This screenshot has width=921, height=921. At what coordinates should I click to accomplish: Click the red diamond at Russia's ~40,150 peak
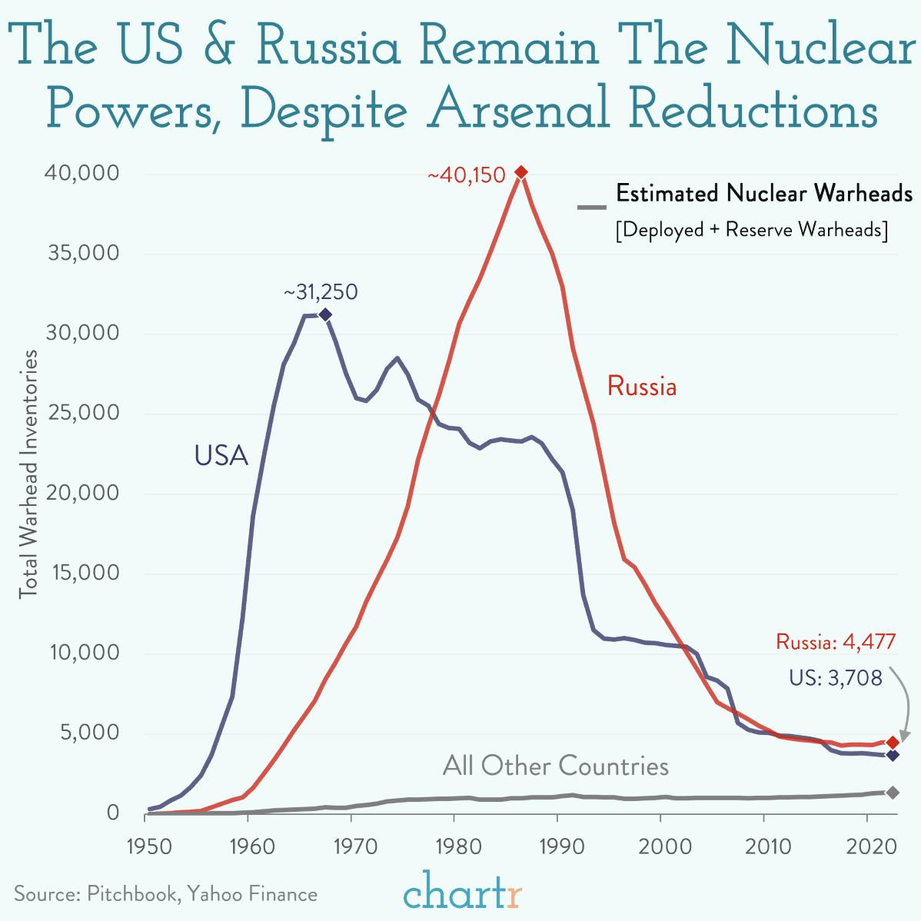coord(521,172)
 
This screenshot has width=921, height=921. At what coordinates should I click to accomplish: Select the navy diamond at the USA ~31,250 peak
coord(325,314)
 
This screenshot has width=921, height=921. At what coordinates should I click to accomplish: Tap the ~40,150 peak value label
coord(467,176)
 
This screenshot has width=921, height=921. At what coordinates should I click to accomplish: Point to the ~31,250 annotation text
coord(321,293)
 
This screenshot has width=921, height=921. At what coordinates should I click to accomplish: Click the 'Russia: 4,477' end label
coord(836,642)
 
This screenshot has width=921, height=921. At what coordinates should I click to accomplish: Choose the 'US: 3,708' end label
coord(835,678)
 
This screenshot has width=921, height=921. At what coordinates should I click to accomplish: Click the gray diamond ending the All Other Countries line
coord(893,793)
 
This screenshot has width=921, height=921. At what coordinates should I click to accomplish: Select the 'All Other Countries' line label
coord(555,766)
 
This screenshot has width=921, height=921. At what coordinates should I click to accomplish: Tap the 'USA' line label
coord(221,456)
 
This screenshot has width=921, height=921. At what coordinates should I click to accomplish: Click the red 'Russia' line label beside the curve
coord(642,386)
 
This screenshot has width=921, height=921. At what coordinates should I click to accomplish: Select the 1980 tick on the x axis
coord(454,846)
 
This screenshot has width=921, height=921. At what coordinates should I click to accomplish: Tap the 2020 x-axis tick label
coord(866,846)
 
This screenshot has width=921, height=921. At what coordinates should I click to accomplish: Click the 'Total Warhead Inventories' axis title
coord(28,474)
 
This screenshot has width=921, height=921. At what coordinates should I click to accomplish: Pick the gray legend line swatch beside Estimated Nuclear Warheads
coord(592,207)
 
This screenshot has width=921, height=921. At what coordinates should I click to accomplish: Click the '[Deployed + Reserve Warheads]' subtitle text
coord(751,230)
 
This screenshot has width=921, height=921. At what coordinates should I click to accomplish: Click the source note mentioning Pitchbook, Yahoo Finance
coord(166,894)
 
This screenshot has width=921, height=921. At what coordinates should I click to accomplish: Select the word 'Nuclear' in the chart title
coord(820,46)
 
